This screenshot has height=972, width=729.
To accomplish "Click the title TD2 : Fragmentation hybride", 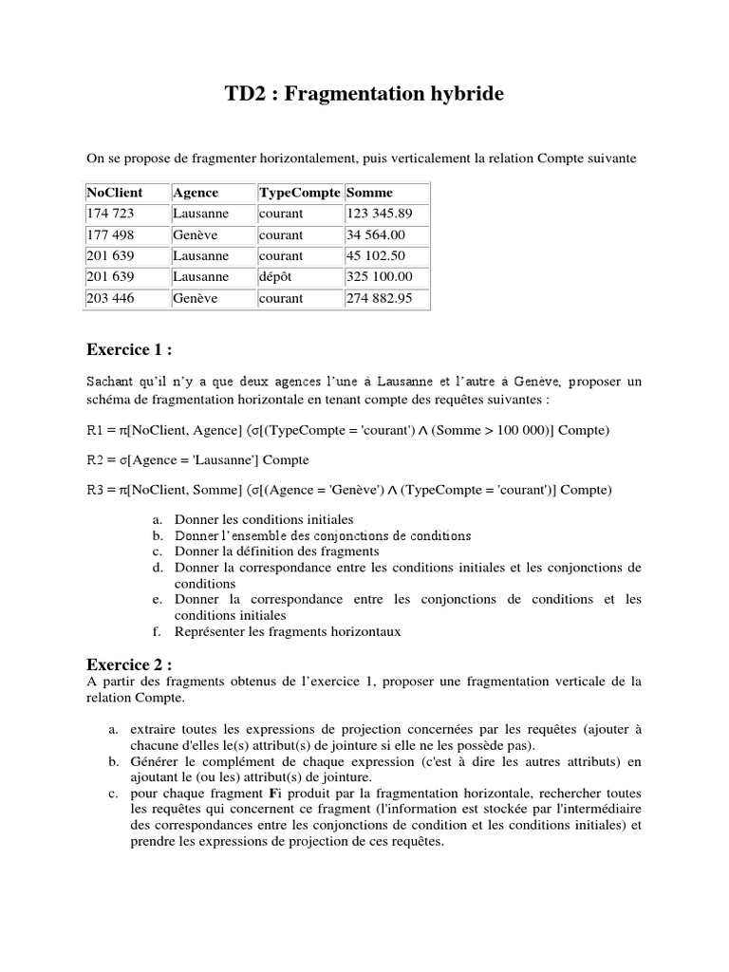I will coord(364,94).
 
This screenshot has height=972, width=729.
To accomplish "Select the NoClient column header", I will coord(113,193).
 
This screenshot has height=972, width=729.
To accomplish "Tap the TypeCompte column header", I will coord(299,193).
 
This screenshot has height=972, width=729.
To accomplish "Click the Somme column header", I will coord(369,193).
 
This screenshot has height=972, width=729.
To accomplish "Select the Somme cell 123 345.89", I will coord(380,214).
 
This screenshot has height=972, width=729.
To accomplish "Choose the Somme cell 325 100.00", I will coord(380,276).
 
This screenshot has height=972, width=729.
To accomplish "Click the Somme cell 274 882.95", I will coord(380,298).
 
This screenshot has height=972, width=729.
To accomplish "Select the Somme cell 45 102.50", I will coord(377,255).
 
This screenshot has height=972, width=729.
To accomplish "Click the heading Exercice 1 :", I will coord(129,349).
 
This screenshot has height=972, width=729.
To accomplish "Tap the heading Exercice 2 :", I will coord(129,664).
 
